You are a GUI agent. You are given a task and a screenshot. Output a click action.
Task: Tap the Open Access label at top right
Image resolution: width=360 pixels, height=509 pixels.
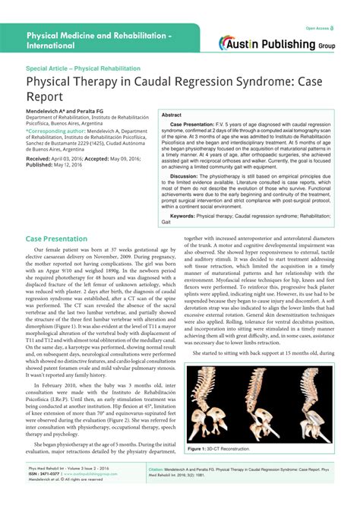coord(320,28)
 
